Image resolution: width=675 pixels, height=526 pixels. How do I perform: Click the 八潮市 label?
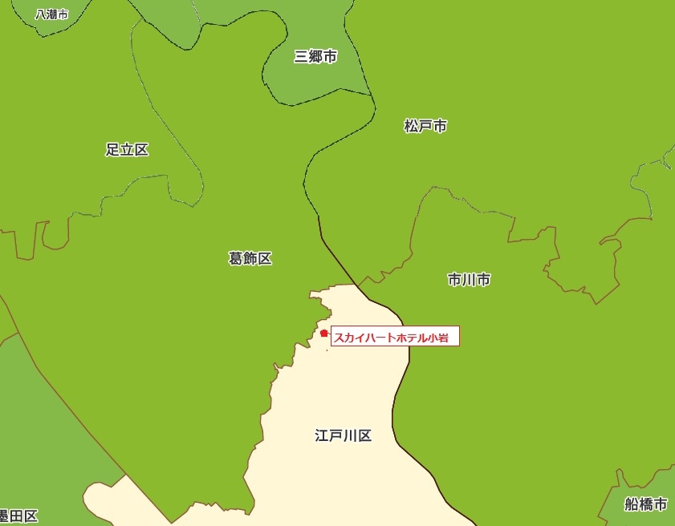point(52,14)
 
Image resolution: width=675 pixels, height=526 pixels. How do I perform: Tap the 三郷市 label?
point(315,56)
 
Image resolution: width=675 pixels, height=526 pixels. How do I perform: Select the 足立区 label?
point(127,149)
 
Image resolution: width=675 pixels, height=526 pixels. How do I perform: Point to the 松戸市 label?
point(425,126)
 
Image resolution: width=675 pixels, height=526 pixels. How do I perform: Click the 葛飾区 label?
point(250,258)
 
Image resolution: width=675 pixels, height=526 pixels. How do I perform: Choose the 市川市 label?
point(470,280)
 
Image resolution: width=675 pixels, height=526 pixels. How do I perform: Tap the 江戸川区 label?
point(344,436)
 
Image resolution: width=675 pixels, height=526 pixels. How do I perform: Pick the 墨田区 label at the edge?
point(18,516)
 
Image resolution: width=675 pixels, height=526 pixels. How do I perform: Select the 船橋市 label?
point(646,504)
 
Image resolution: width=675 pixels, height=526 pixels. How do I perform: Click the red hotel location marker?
point(323,333)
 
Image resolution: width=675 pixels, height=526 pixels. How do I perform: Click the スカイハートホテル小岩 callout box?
point(395,337)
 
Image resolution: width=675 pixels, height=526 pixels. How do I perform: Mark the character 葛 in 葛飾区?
point(236,258)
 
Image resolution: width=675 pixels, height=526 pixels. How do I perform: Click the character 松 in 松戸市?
point(411,126)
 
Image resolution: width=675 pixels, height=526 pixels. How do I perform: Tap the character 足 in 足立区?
point(112,149)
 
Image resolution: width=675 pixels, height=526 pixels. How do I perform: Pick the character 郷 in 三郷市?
point(315,56)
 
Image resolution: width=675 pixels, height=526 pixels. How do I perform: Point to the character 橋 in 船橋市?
point(646,504)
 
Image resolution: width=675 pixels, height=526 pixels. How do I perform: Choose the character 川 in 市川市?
point(470,280)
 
